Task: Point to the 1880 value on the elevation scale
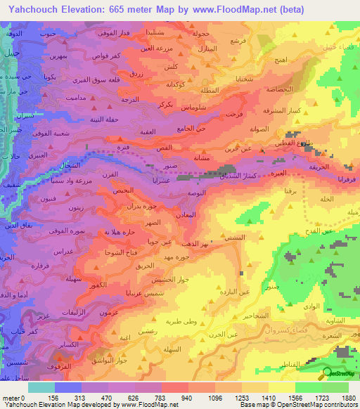tap(349, 397)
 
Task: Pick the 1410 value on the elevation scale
tap(268, 397)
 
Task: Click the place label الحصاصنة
tap(270, 90)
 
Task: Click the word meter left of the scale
tap(11, 397)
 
